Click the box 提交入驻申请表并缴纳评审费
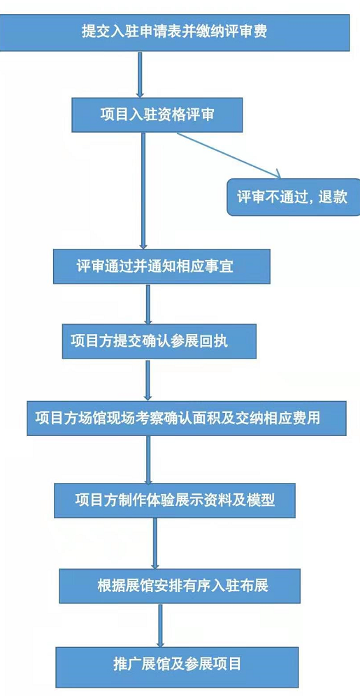(x=175, y=32)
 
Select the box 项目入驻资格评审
(x=157, y=115)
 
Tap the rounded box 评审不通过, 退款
(x=294, y=197)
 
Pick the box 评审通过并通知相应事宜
(x=161, y=266)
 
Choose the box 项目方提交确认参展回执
(x=159, y=341)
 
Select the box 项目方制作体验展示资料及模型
(x=175, y=500)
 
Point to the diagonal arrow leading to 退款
(x=229, y=154)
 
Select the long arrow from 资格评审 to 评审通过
(x=143, y=191)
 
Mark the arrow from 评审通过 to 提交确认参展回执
(x=148, y=304)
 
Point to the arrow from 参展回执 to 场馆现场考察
(x=148, y=380)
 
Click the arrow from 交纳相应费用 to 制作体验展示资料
(x=149, y=459)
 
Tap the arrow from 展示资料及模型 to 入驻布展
(x=155, y=543)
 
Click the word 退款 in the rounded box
(x=333, y=197)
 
